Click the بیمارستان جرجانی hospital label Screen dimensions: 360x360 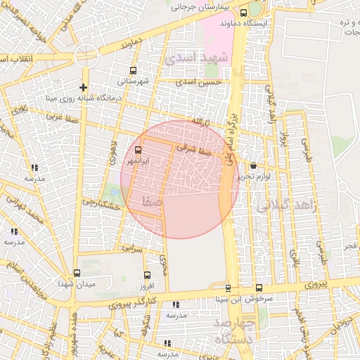pyautogui.click(x=200, y=6)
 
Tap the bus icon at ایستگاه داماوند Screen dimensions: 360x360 pyautogui.click(x=243, y=13)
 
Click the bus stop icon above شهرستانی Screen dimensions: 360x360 pyautogui.click(x=134, y=70)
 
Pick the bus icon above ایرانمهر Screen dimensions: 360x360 pyautogui.click(x=137, y=150)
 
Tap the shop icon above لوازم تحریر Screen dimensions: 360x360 pyautogui.click(x=253, y=166)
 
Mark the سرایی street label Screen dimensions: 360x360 pyautogui.click(x=131, y=248)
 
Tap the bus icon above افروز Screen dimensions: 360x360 pyautogui.click(x=146, y=275)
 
